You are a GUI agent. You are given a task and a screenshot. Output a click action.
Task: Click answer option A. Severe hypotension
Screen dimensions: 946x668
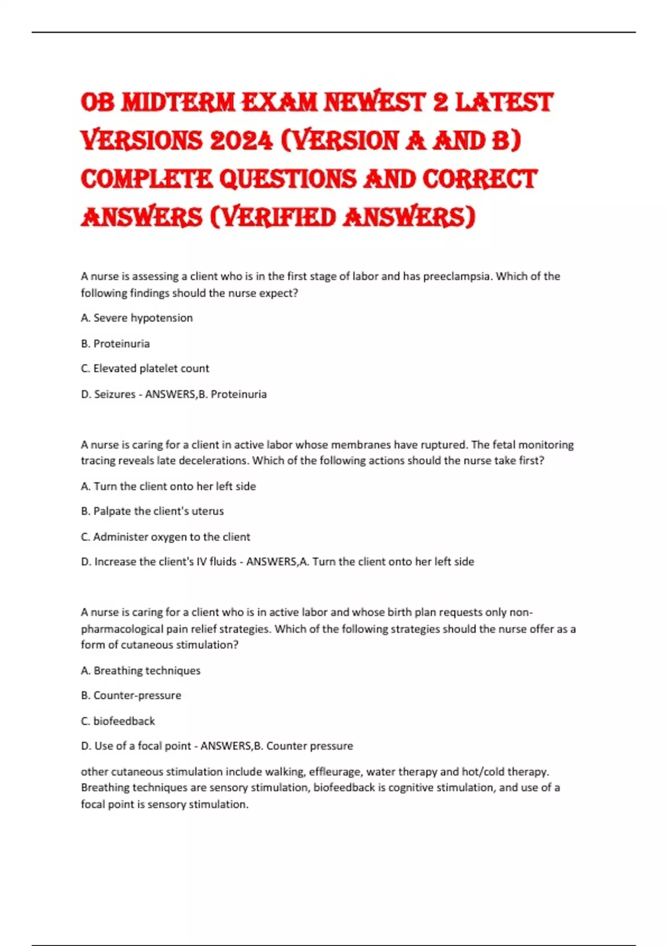137,318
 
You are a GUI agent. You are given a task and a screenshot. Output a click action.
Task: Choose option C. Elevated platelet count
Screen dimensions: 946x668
145,368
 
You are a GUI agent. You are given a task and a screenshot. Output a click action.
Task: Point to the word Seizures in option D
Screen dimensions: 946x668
115,394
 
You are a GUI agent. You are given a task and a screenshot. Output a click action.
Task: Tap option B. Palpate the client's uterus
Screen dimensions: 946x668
152,511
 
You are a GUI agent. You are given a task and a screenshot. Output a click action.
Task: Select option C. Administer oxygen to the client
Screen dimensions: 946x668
165,536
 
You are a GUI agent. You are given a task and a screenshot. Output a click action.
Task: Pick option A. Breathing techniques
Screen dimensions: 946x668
141,671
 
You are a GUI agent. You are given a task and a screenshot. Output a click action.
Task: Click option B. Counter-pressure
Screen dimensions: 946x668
131,695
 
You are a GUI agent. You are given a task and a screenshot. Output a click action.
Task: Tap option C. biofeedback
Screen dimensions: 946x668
118,721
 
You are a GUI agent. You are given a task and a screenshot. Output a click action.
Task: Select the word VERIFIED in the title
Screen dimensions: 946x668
277,218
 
